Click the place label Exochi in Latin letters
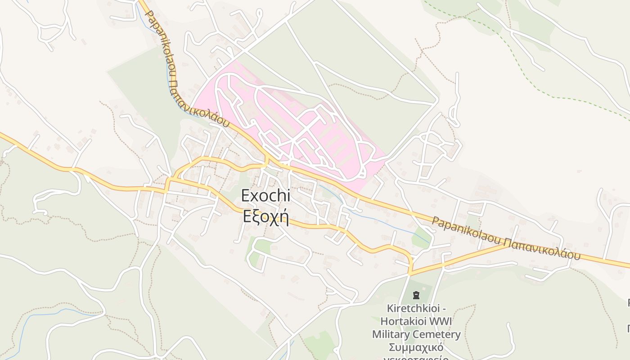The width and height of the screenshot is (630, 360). (x=265, y=196)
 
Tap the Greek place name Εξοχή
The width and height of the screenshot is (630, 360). (x=265, y=216)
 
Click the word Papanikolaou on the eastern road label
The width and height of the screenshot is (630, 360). (x=465, y=229)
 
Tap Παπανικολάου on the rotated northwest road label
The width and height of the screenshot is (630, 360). (x=198, y=103)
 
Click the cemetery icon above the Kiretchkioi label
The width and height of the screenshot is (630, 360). (x=416, y=296)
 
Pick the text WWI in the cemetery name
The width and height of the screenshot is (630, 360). (x=441, y=321)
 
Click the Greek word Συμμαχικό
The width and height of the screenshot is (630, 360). (x=416, y=347)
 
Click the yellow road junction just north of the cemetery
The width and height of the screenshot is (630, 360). (x=410, y=272)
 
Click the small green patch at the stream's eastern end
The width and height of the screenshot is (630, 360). (x=421, y=238)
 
